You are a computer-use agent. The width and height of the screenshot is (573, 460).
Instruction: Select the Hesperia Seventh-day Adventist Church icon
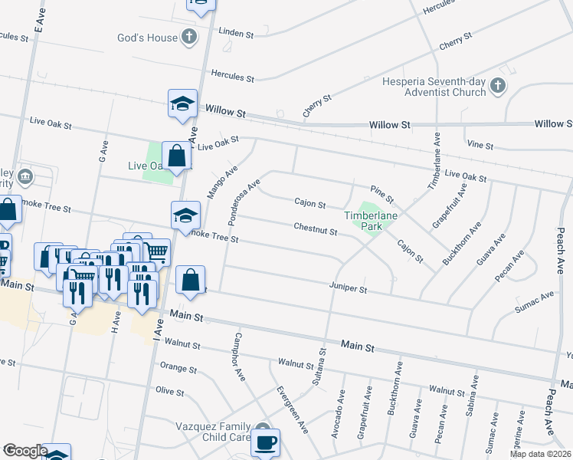tap(498, 86)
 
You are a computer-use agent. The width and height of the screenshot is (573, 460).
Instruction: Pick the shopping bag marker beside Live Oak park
tap(177, 156)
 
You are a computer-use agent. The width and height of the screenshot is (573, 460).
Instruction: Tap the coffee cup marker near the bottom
tap(265, 442)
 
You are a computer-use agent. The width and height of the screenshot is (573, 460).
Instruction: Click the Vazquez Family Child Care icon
tap(264, 429)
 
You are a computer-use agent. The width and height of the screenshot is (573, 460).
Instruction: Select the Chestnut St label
tap(316, 228)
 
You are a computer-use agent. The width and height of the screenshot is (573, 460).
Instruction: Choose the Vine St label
tap(479, 144)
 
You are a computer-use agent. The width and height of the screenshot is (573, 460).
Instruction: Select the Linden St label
tap(236, 34)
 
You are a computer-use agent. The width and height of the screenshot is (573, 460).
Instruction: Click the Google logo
tap(25, 451)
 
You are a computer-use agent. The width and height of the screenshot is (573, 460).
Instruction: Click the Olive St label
tap(171, 392)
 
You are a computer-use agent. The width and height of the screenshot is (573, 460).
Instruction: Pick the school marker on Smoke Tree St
tap(185, 215)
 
